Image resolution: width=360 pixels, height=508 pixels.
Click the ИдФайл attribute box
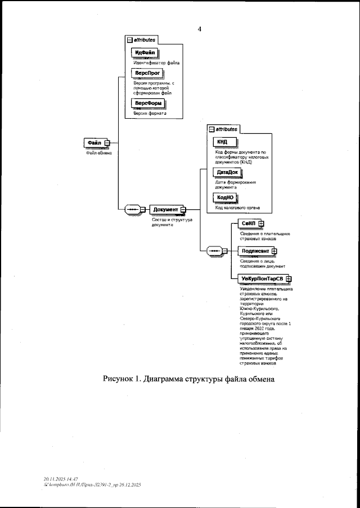145,53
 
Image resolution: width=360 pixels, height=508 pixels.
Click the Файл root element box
93,142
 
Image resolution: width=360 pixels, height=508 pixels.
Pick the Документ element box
165,210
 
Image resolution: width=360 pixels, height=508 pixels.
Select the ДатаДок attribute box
227,173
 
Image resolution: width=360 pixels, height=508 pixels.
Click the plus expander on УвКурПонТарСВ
288,278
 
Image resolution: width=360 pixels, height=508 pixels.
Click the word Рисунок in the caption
119,378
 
